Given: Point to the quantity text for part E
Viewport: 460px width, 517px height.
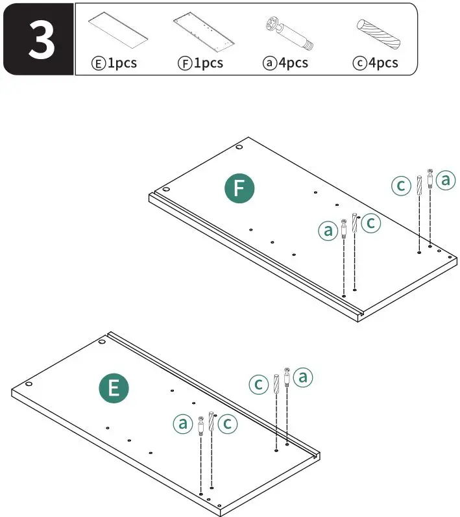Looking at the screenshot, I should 114,63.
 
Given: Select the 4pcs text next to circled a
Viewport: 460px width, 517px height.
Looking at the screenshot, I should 285,63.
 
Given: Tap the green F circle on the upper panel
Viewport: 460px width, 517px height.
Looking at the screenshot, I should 239,188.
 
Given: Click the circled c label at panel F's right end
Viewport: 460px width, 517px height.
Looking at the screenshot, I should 401,186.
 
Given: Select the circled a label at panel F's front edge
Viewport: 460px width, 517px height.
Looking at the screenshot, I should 328,229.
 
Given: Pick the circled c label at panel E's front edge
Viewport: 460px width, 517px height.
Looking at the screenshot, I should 227,424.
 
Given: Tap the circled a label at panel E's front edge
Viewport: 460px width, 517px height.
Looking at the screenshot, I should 183,424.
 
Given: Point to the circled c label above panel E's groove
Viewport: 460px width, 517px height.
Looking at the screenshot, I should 259,384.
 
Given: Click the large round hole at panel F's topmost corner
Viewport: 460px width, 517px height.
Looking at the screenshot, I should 239,147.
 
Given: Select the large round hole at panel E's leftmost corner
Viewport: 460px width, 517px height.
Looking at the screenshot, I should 29,384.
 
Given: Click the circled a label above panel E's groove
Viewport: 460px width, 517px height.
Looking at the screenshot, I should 303,377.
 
